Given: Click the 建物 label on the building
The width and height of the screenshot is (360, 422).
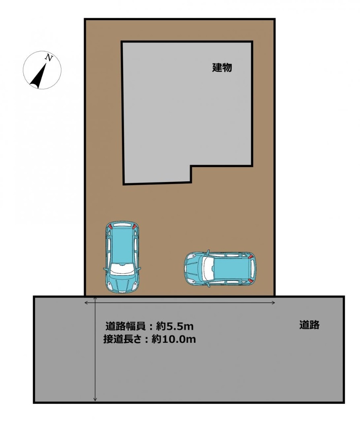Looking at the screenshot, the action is coord(222,67).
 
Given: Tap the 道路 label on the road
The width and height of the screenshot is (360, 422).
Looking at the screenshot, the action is coord(309,325).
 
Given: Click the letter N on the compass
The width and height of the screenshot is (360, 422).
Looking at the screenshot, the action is coord(49,57).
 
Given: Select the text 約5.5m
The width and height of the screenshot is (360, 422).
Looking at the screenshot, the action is coord(175,326).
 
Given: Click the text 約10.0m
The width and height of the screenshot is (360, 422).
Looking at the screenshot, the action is coord(174,339).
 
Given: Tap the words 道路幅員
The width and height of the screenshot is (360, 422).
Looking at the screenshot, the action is coord(126,326).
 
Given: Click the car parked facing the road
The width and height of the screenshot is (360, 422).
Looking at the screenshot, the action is coord(122,257).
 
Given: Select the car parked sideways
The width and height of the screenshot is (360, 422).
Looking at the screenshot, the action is coord(220,268).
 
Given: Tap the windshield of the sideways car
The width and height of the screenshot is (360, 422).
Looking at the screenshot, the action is coord(208,268).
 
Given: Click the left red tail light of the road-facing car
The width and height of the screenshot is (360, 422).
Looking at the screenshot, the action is coord(110,226).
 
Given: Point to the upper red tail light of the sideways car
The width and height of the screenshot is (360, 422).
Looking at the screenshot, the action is coord(251,256).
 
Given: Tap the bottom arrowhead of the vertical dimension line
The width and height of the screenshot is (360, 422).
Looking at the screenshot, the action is coord(95,399).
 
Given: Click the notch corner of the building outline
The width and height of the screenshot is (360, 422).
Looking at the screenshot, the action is coord(191,166).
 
